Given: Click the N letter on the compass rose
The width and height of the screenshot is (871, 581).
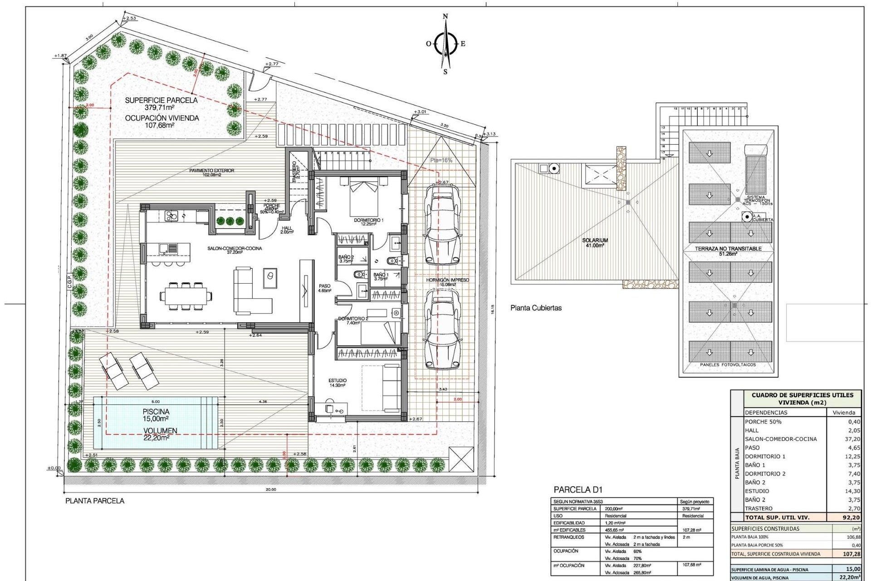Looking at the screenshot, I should [445, 17].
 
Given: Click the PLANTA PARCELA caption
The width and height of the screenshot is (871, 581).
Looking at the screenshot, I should [94, 501].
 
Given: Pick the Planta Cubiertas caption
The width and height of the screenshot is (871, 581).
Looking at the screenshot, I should [536, 308].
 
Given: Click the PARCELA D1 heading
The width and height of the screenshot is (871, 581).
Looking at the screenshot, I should [577, 490].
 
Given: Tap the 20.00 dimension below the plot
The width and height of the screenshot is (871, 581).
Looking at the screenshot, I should [270, 489].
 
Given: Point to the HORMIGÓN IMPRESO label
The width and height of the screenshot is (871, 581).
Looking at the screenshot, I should [447, 280].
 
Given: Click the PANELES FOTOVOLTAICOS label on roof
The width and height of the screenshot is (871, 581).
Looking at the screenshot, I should [728, 364].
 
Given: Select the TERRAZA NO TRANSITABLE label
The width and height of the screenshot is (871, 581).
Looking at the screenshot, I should [728, 249].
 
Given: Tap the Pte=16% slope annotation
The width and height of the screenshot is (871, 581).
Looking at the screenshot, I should [441, 160].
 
